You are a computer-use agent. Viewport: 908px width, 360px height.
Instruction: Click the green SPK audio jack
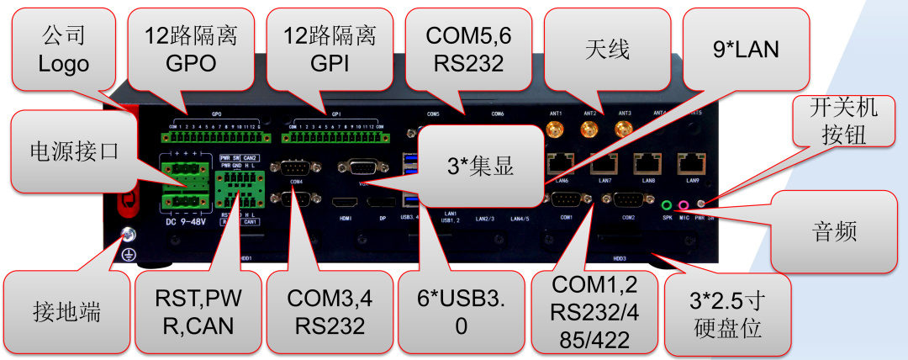tap(667, 204)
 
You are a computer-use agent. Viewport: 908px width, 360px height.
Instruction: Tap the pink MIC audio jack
tap(684, 204)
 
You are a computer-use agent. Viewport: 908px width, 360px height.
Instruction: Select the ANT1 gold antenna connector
tap(555, 130)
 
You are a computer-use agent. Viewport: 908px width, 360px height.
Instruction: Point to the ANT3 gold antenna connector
tap(623, 129)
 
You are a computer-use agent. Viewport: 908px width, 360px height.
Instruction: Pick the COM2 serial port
tap(628, 199)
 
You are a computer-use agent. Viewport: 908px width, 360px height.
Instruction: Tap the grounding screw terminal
tap(129, 236)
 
